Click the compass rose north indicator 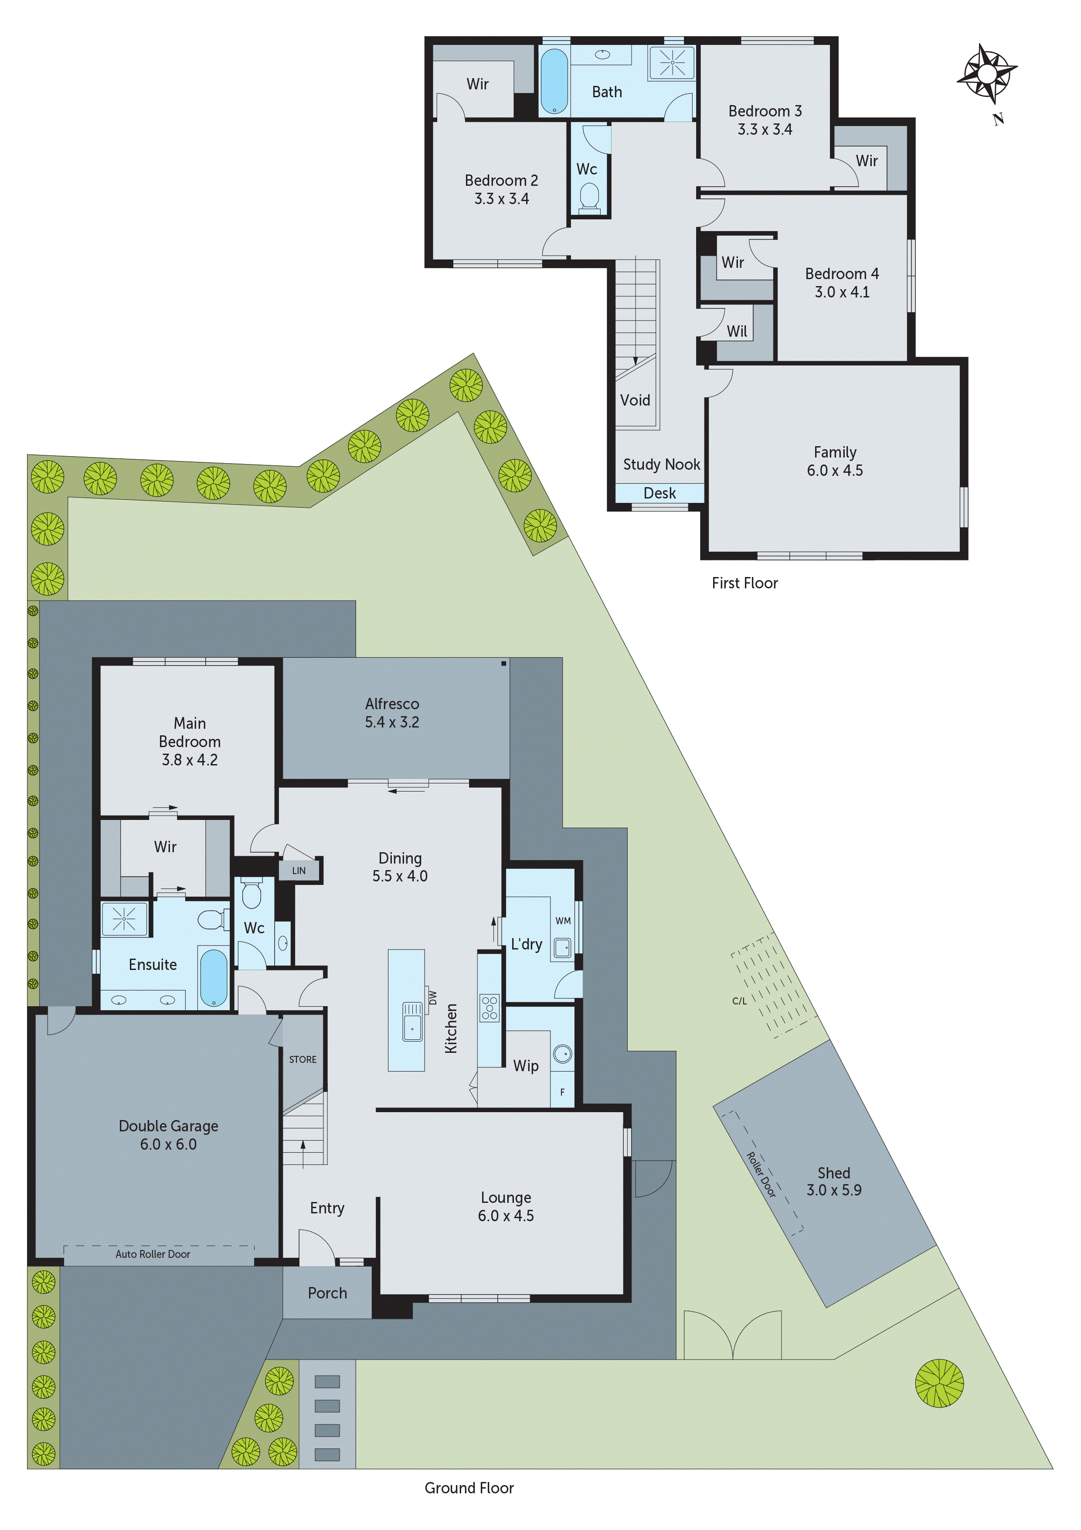[x=987, y=71]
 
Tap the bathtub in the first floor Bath [x=554, y=81]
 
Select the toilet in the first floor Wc [x=589, y=197]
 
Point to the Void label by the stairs [x=635, y=400]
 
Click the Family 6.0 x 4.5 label [x=835, y=461]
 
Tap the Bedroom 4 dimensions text [x=842, y=292]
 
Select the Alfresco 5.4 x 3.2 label [x=391, y=712]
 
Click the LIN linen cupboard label [x=299, y=870]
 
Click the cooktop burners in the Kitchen [x=490, y=1007]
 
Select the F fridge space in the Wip [x=562, y=1092]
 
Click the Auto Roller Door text [x=153, y=1254]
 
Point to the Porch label [x=327, y=1293]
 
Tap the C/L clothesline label [x=739, y=1001]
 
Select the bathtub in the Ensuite [x=213, y=977]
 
